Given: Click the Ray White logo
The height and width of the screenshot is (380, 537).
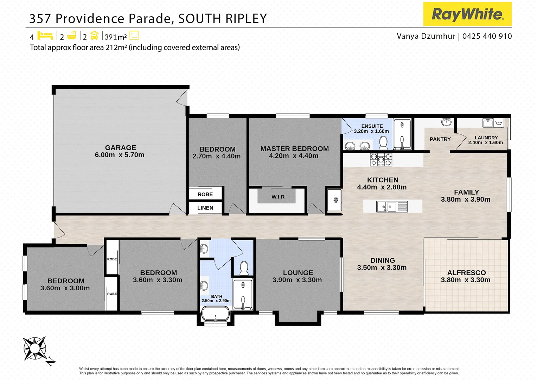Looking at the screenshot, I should coord(467,14).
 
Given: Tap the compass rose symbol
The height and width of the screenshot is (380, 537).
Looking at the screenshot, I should coord(35,348).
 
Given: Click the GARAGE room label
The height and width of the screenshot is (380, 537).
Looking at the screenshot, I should coord(120,148).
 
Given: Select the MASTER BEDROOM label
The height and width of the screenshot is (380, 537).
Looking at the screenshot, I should coord(294,149).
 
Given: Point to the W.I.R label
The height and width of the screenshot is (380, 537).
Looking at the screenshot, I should coord(278,197).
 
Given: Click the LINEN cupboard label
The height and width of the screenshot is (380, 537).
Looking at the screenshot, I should coord(205,208).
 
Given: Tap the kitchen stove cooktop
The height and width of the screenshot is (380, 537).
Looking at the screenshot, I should coord(381,160).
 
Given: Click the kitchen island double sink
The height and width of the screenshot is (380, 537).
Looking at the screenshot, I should coord(386,206).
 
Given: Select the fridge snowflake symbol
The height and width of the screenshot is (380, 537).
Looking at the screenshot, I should coord(335,200).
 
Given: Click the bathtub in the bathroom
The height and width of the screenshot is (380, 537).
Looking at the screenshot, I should coord(215,313).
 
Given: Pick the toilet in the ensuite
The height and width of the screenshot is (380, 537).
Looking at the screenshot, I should coord(383,143).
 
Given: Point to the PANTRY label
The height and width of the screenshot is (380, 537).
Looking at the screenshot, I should coord(440,139).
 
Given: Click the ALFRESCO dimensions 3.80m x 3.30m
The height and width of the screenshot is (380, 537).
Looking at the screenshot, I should coord(465,280).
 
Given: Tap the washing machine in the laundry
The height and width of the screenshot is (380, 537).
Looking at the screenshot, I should coord(499,123).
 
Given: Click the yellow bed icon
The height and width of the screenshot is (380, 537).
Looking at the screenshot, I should coord(45,36).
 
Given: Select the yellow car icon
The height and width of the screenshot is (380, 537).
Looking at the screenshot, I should coord(94,36).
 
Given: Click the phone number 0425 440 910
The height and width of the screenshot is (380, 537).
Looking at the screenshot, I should coord(487,36).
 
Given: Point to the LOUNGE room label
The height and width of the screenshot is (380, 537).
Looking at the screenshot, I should coord(298,273).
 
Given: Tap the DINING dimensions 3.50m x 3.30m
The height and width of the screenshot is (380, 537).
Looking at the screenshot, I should coord(382,268).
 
